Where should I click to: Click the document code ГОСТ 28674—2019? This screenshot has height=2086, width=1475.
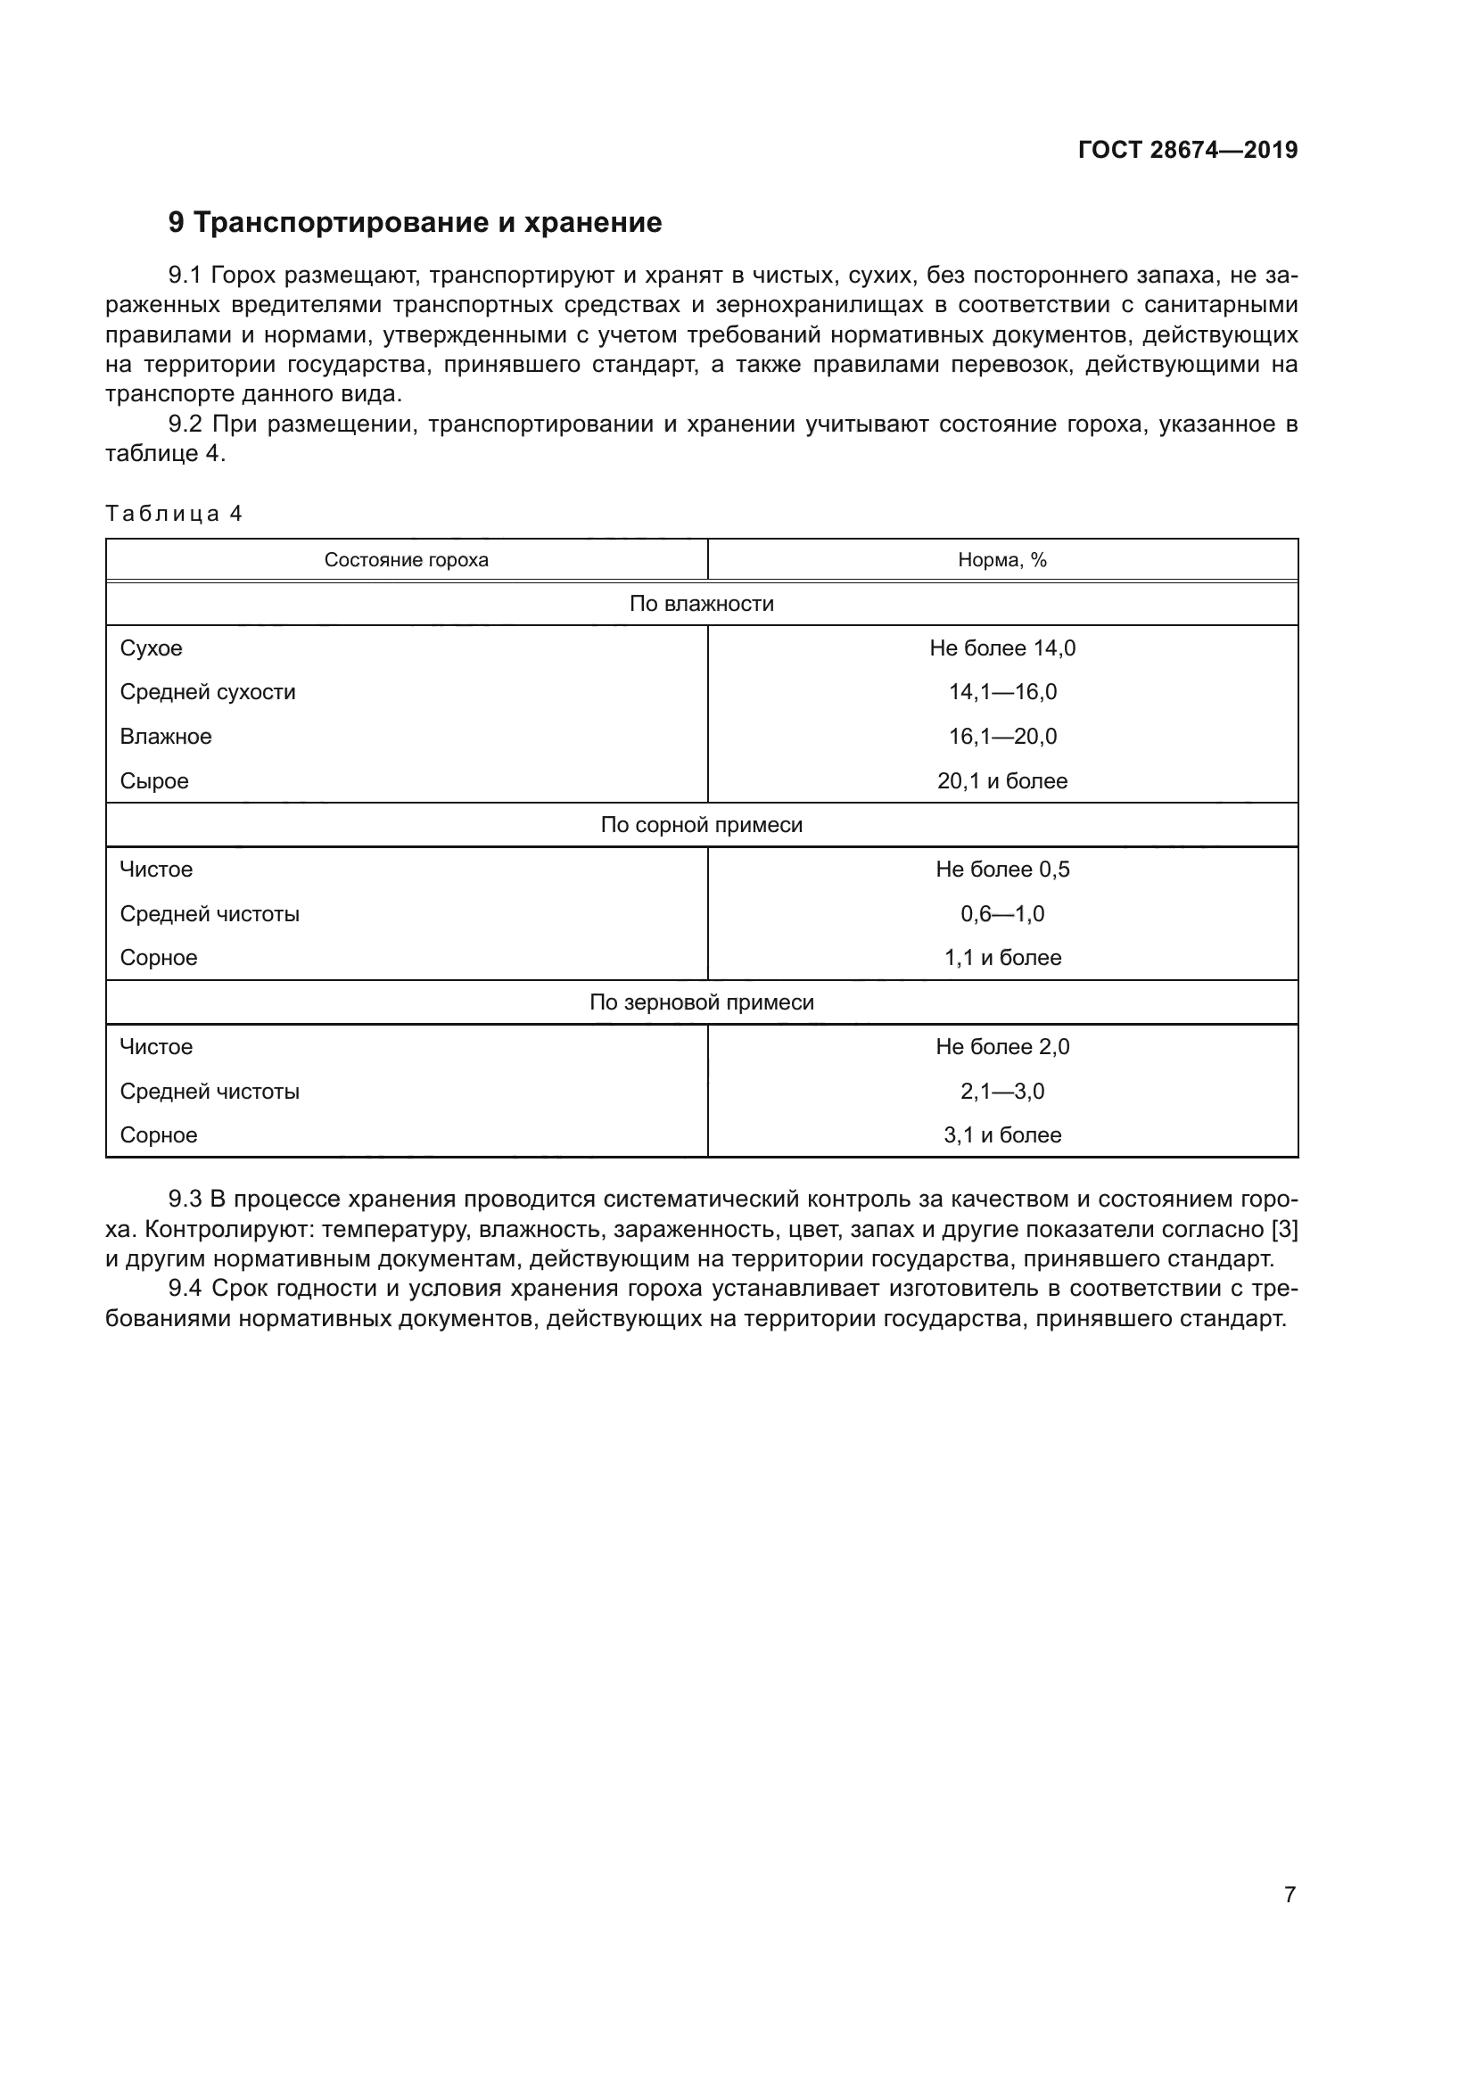(1187, 150)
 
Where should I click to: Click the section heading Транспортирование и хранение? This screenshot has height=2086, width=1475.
(415, 223)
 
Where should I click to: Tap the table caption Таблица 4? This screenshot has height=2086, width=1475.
(174, 514)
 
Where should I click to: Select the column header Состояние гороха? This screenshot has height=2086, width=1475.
(406, 560)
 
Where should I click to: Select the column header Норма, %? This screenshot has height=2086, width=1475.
(1001, 560)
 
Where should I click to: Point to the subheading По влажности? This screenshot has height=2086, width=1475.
(701, 604)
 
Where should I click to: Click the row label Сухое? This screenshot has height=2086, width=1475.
(151, 647)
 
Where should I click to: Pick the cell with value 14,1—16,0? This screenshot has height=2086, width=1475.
(1001, 692)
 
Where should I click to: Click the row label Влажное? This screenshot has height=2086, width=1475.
(165, 737)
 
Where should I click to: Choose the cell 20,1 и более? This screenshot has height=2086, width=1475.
(1001, 781)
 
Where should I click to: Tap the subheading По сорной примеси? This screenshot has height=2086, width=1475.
(701, 825)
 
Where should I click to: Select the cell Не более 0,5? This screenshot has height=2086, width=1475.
(1001, 870)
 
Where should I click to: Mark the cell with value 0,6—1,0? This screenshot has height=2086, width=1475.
(1001, 914)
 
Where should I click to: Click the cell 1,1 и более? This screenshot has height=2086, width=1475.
(1001, 958)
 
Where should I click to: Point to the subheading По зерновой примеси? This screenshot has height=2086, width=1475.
(701, 1002)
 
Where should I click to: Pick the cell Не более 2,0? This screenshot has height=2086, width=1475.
(1001, 1047)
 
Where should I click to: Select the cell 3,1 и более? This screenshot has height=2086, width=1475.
(1001, 1134)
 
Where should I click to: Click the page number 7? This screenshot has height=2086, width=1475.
(1289, 1894)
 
